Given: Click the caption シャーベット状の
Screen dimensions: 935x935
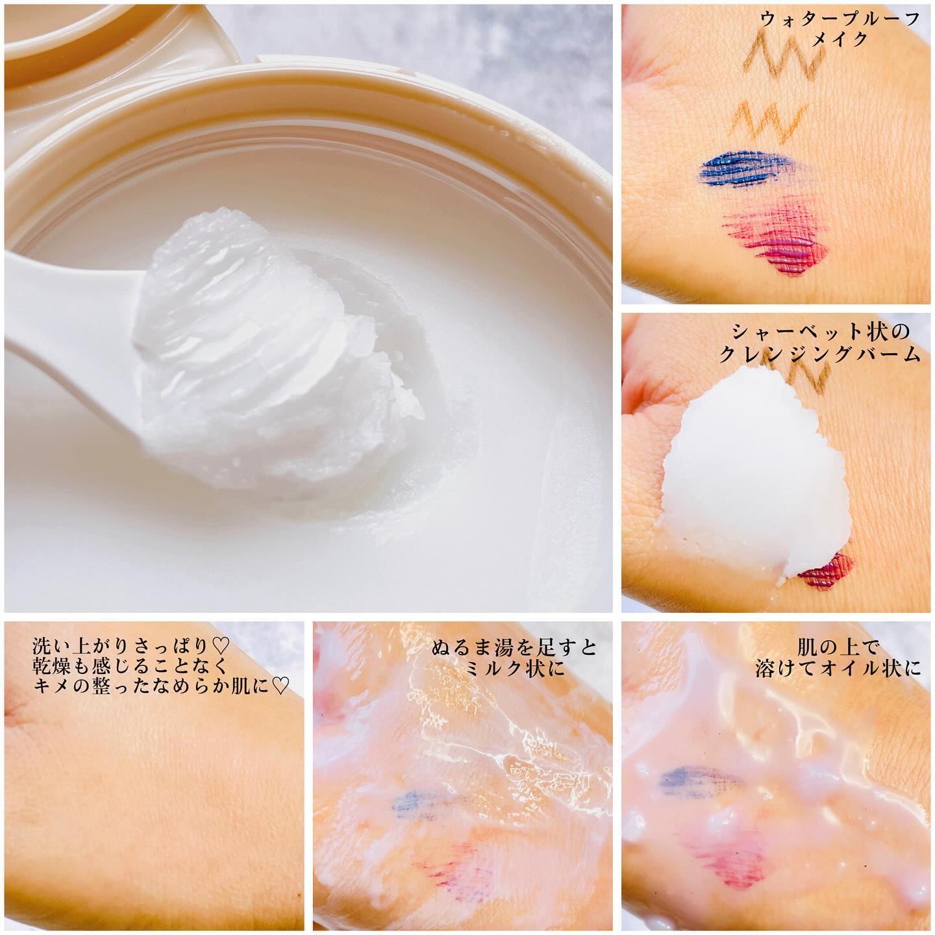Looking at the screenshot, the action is pos(821,332).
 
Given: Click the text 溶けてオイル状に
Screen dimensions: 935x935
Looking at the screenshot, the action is pos(838,669).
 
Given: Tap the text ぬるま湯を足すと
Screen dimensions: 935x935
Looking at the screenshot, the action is pos(515,648).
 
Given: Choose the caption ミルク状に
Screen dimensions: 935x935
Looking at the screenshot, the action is pos(516,669).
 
